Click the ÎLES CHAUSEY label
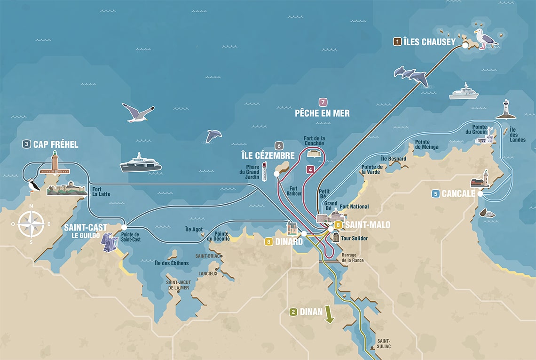click(x=430, y=42)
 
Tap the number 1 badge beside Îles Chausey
click(x=398, y=42)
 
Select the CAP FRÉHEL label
click(x=55, y=144)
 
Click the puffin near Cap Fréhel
click(x=33, y=185)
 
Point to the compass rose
click(x=31, y=224)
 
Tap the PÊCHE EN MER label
click(x=322, y=113)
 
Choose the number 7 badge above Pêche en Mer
click(x=323, y=102)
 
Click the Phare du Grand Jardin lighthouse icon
click(x=264, y=172)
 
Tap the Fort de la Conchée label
click(x=314, y=140)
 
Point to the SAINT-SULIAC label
click(x=384, y=344)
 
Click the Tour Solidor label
click(x=354, y=239)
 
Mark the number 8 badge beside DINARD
click(x=268, y=242)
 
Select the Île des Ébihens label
click(x=172, y=263)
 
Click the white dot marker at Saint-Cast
click(x=124, y=227)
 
